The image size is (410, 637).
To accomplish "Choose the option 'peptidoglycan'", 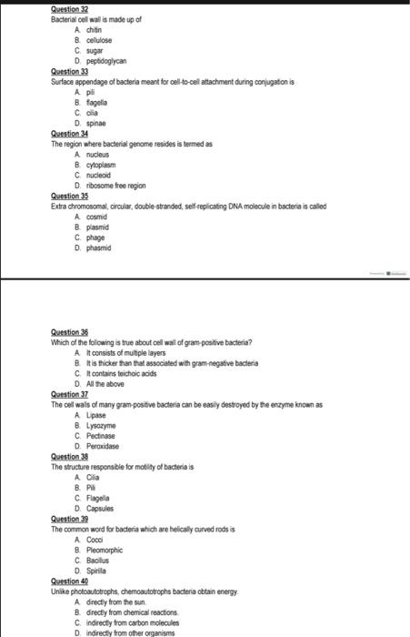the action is click(x=105, y=57).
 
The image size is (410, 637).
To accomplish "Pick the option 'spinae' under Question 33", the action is click(x=96, y=121).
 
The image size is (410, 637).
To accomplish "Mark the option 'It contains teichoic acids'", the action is click(x=124, y=373).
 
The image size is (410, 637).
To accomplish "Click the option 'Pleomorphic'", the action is click(x=107, y=550).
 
